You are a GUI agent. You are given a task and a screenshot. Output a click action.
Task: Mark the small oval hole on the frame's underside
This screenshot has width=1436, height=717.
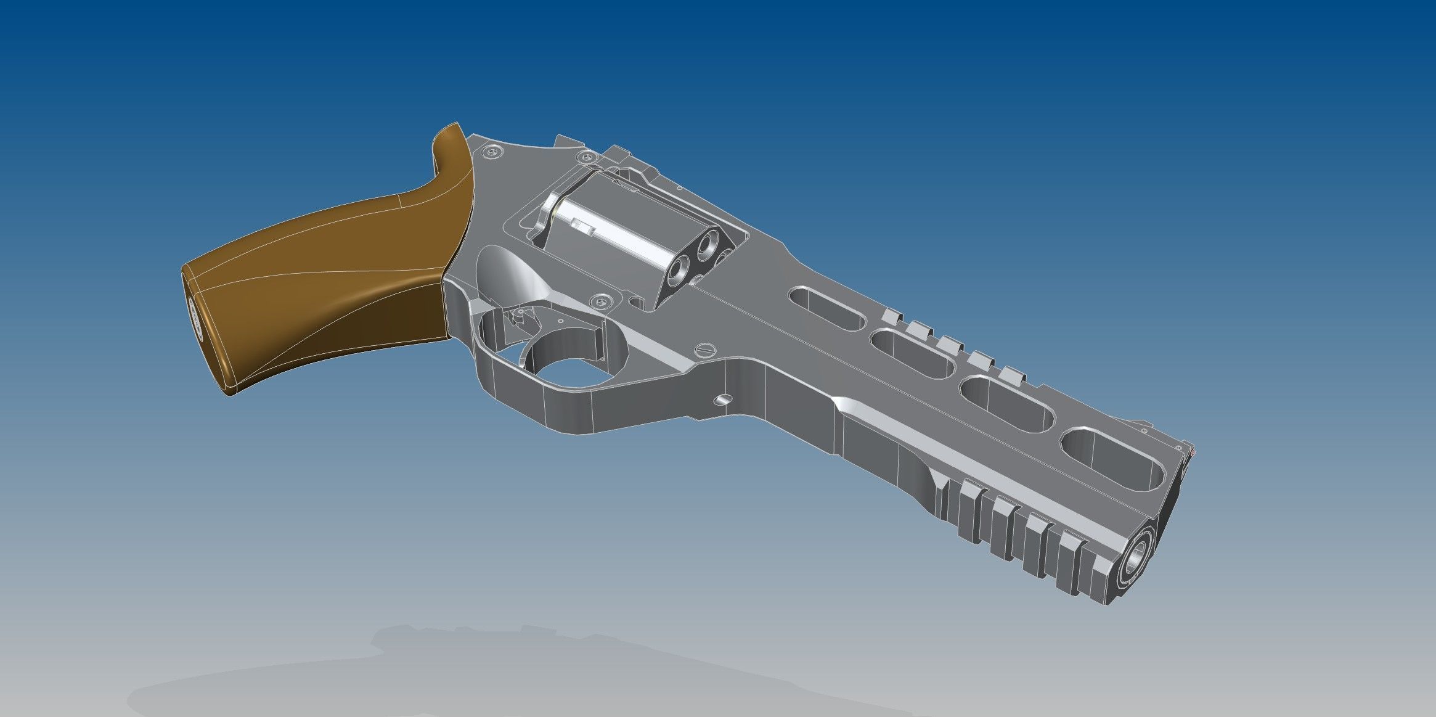pyautogui.click(x=722, y=400)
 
